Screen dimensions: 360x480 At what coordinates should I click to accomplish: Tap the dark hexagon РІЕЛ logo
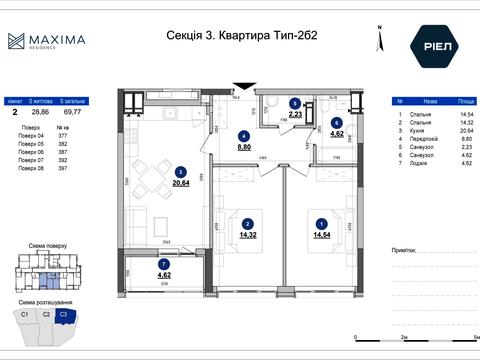433,44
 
